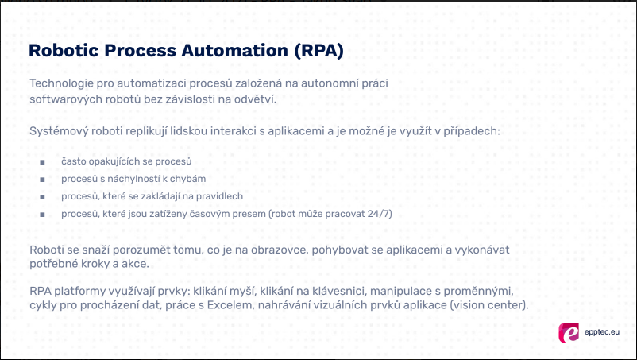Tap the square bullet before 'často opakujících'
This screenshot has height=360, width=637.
click(x=41, y=161)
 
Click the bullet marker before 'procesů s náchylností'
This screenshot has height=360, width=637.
click(x=41, y=179)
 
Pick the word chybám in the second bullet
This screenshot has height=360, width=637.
click(x=187, y=179)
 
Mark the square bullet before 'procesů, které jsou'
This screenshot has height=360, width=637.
click(x=41, y=214)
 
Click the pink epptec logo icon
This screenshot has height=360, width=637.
click(x=569, y=332)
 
